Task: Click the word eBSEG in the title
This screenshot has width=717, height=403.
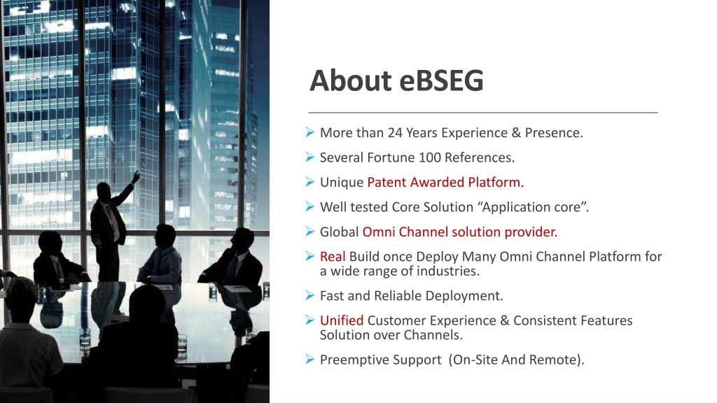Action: pyautogui.click(x=441, y=81)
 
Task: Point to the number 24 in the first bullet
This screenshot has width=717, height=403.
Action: pyautogui.click(x=395, y=132)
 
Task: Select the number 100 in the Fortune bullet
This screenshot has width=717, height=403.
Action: pyautogui.click(x=429, y=157)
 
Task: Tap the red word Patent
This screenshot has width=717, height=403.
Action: pyautogui.click(x=387, y=183)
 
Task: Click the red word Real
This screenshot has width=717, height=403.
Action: pyautogui.click(x=333, y=256)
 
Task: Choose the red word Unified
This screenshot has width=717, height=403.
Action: pyautogui.click(x=342, y=320)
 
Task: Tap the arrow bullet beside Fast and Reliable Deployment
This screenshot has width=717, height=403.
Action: pyautogui.click(x=310, y=296)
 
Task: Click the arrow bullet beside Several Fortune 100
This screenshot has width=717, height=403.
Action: pyautogui.click(x=310, y=157)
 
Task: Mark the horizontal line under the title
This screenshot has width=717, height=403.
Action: pyautogui.click(x=483, y=113)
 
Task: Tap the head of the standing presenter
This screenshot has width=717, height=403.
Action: pyautogui.click(x=104, y=190)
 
